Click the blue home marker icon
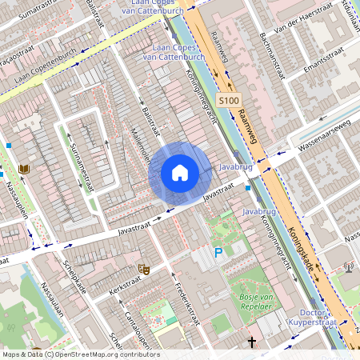click(x=180, y=173)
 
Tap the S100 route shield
click(x=229, y=101)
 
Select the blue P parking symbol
click(x=218, y=253)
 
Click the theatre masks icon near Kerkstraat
click(x=144, y=270)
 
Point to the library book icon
click(x=24, y=169)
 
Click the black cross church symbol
click(x=252, y=342)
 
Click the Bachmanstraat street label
click(x=267, y=53)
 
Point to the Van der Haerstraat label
click(x=303, y=18)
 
